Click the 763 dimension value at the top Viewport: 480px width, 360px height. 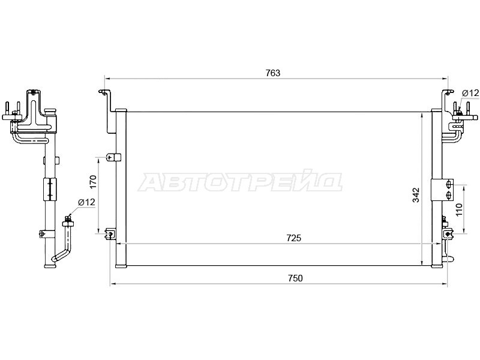[x=273, y=73]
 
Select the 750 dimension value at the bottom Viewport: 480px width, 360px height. [x=295, y=278]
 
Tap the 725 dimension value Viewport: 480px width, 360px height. [x=294, y=238]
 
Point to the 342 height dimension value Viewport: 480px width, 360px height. [x=416, y=195]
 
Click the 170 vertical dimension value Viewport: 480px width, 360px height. [x=94, y=182]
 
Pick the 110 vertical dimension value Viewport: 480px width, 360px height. [x=458, y=210]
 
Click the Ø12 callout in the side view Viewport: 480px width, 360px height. [x=86, y=202]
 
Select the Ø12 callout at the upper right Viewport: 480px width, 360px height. [x=470, y=93]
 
